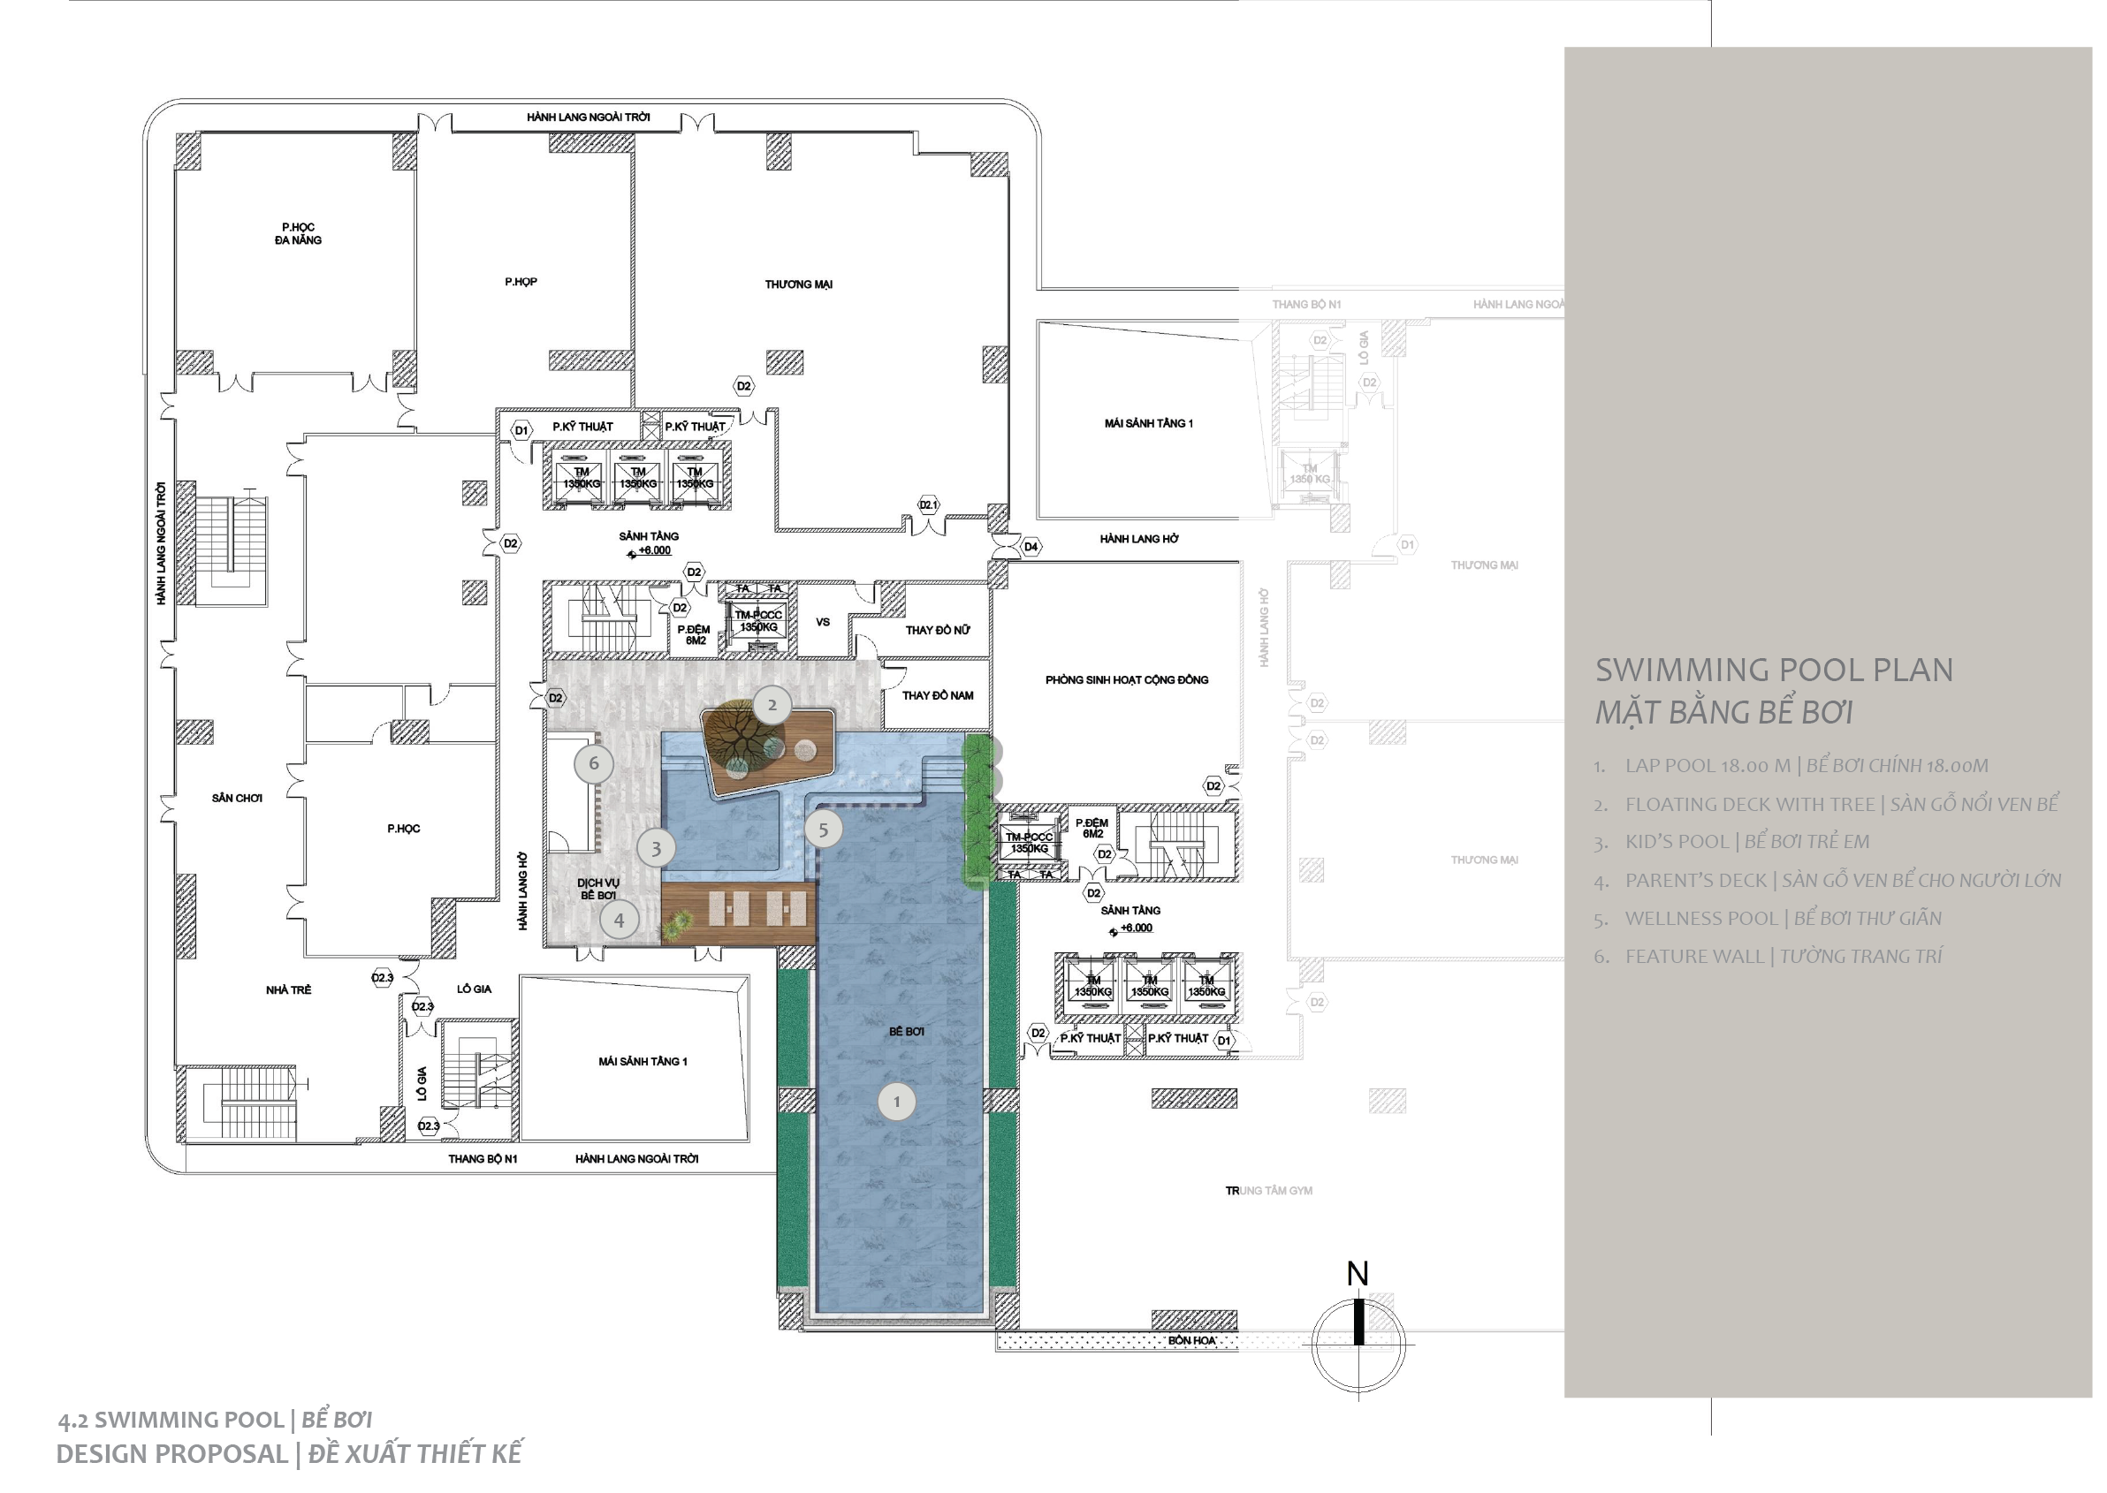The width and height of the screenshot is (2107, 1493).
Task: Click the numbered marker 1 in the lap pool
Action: coord(897,1102)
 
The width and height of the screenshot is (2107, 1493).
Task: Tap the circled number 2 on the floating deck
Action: coord(772,705)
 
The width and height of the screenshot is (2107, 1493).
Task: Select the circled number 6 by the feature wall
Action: coord(593,763)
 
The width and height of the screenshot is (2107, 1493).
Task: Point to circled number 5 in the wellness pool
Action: coord(823,830)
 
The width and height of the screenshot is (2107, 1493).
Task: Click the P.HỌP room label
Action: coord(521,282)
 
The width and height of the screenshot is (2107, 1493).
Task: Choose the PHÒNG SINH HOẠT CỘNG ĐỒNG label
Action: coord(1127,680)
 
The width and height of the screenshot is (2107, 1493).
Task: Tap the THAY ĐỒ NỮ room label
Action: coord(937,631)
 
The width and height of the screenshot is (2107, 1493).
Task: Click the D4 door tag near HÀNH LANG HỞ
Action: coord(1031,547)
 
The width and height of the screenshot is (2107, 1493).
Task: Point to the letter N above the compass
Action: coord(1358,1274)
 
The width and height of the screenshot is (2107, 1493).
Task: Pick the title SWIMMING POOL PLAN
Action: coord(1774,671)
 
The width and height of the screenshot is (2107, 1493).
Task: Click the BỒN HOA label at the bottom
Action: coord(1192,1341)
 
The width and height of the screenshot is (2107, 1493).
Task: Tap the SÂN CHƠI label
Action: coord(237,799)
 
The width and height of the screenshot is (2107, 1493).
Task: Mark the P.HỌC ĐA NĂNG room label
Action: coord(298,233)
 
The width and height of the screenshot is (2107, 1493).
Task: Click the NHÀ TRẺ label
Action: coord(289,990)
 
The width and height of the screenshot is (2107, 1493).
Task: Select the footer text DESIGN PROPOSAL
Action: coord(172,1454)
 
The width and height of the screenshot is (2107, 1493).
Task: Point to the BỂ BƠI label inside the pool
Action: coord(906,1033)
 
